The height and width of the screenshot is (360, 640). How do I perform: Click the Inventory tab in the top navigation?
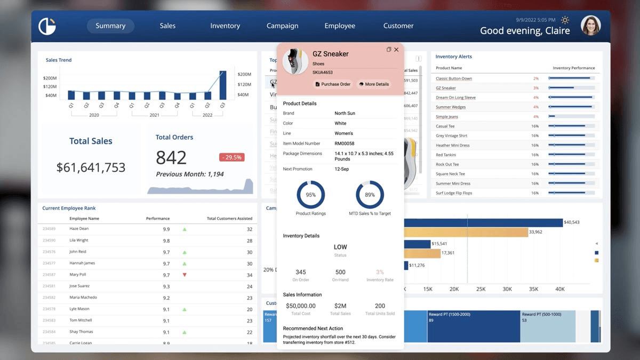click(225, 26)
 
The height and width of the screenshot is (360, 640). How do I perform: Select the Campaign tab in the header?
click(282, 26)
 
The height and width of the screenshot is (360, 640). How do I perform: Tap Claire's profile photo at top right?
click(590, 26)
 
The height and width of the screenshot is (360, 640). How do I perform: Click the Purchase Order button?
click(333, 84)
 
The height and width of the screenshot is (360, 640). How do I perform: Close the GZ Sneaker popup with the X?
click(396, 50)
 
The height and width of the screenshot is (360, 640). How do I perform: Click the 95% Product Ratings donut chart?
click(310, 195)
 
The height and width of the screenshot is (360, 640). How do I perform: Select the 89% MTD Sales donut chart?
click(370, 195)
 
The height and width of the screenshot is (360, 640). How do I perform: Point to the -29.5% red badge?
click(231, 157)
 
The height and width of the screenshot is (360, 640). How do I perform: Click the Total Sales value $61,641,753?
click(91, 167)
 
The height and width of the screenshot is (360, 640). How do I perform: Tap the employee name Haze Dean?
click(79, 229)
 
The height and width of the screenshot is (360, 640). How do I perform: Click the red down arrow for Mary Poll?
click(185, 275)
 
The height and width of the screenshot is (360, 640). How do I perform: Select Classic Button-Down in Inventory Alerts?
click(453, 78)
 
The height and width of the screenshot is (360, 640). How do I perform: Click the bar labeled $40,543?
click(483, 222)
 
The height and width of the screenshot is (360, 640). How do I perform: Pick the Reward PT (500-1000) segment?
click(547, 326)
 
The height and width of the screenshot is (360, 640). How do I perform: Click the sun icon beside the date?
click(565, 20)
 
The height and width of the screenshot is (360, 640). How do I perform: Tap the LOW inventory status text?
click(340, 247)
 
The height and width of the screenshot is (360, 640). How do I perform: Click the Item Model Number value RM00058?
click(345, 143)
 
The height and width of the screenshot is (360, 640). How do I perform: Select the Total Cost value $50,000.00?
click(300, 306)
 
